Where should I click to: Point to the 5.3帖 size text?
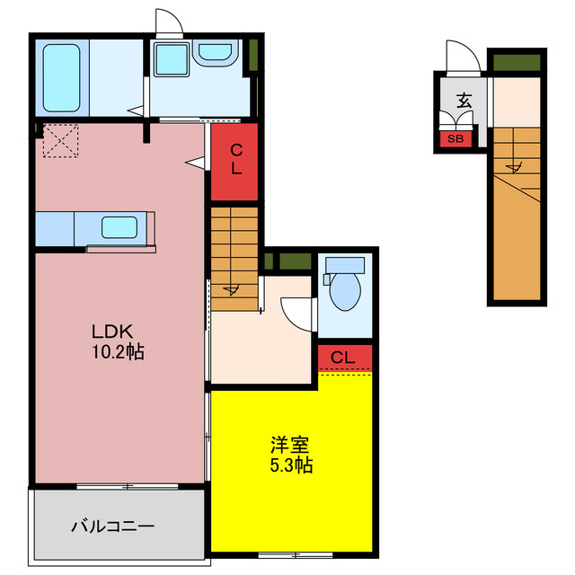[x=289, y=465]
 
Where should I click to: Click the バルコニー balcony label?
[x=113, y=526]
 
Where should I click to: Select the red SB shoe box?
[x=456, y=138]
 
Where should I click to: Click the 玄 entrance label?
[x=464, y=101]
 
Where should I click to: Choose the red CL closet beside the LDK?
[x=235, y=162]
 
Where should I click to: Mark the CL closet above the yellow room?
[x=344, y=358]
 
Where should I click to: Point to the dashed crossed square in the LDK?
[x=62, y=141]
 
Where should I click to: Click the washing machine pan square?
[x=170, y=59]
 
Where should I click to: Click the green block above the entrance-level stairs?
[x=517, y=63]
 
